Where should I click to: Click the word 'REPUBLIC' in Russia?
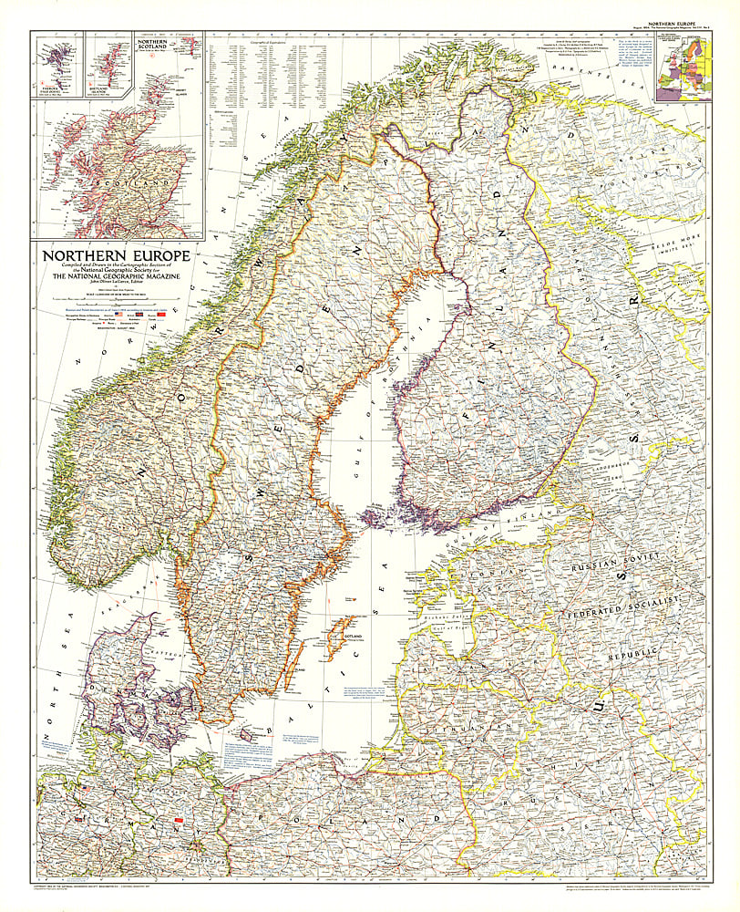pyautogui.click(x=656, y=654)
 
